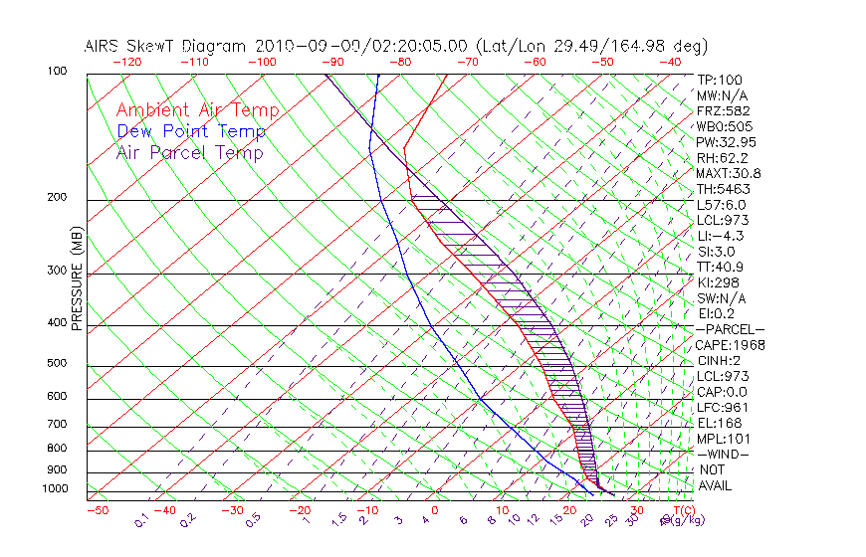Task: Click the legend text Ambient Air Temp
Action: pyautogui.click(x=197, y=110)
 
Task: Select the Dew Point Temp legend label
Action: pyautogui.click(x=191, y=131)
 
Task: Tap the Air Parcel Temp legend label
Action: pyautogui.click(x=190, y=152)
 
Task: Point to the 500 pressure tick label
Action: pyautogui.click(x=56, y=364)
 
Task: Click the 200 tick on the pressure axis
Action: pyautogui.click(x=56, y=198)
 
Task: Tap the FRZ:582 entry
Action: pyautogui.click(x=723, y=110)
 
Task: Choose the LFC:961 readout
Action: pyautogui.click(x=722, y=408)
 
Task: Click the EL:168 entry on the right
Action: pyautogui.click(x=719, y=424)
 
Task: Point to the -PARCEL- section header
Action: pyautogui.click(x=730, y=329)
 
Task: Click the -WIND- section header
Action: pyautogui.click(x=723, y=455)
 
